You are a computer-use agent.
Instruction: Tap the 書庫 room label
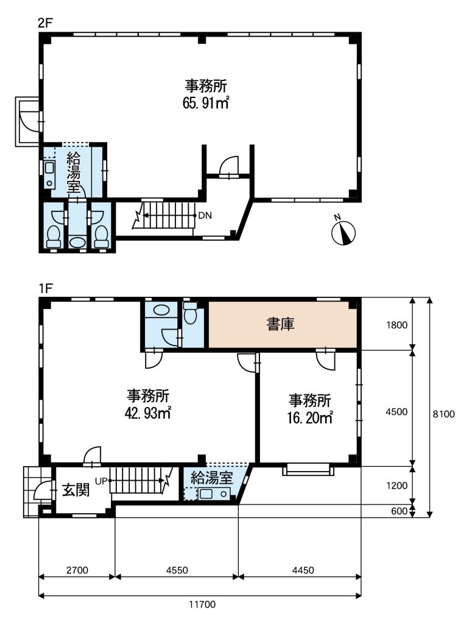pos(281,324)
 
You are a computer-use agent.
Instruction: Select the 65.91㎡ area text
pos(206,103)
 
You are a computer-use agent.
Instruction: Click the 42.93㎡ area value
pos(148,413)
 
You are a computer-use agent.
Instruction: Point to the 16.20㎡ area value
pos(310,418)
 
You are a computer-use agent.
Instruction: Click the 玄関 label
pos(76,491)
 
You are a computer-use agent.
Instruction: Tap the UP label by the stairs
pos(101,481)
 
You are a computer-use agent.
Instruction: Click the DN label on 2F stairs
pos(205,216)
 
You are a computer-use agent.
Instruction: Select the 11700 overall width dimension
pos(202,604)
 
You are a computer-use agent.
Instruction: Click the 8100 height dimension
pos(444,414)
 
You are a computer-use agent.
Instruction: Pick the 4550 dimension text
pos(177,570)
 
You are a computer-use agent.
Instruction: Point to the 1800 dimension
pos(397,325)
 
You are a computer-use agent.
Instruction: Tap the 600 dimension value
pos(400,511)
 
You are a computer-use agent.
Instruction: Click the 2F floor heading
pos(45,23)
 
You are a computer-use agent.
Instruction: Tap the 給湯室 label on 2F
pos(74,172)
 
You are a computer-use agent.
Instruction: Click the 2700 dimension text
pos(77,570)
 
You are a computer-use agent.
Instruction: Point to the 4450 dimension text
pos(303,570)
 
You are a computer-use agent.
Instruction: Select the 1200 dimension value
pos(397,486)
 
